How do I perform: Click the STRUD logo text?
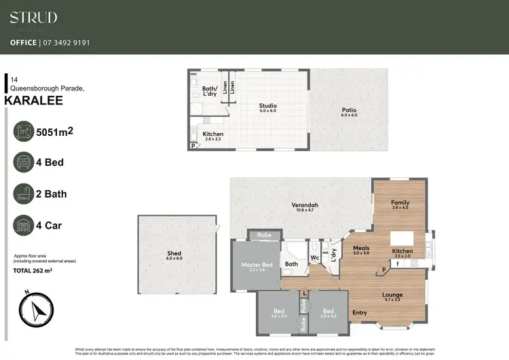click(33, 18)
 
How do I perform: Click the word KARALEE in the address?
click(33, 101)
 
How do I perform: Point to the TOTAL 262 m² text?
click(33, 270)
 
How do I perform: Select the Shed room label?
click(174, 253)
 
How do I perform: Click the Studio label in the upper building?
click(268, 105)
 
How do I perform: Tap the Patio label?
click(349, 110)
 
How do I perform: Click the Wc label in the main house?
click(315, 258)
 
